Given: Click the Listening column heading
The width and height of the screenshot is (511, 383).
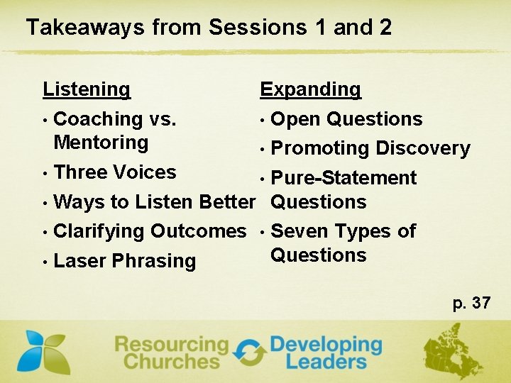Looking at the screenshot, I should [x=87, y=89].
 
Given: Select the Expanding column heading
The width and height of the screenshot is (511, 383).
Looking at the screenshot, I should [x=310, y=89].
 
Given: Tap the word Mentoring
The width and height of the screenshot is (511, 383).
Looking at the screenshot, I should [x=101, y=143].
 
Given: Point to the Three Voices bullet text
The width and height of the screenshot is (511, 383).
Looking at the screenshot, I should [x=114, y=172].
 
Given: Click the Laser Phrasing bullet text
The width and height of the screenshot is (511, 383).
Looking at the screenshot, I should [x=124, y=261].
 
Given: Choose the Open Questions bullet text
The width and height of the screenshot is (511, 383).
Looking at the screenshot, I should [x=346, y=119].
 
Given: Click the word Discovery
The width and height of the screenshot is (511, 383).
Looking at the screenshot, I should [x=423, y=149].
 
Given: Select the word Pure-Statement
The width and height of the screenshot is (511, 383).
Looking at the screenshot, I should [x=344, y=178].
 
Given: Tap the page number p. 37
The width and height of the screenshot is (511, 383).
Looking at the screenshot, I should [x=471, y=304].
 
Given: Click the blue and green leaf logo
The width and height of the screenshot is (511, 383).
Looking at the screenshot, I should [x=43, y=352].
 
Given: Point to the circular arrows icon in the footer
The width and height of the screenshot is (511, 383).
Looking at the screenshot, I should [x=249, y=353].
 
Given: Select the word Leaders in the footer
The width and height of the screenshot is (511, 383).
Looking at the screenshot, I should [x=325, y=361].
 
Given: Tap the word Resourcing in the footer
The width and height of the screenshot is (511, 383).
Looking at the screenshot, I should [x=171, y=345].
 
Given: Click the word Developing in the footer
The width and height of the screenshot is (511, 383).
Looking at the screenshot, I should [x=325, y=345].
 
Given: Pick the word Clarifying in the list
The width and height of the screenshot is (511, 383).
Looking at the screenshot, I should [x=99, y=231].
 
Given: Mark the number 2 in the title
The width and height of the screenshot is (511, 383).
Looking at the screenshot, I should [x=385, y=28].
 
